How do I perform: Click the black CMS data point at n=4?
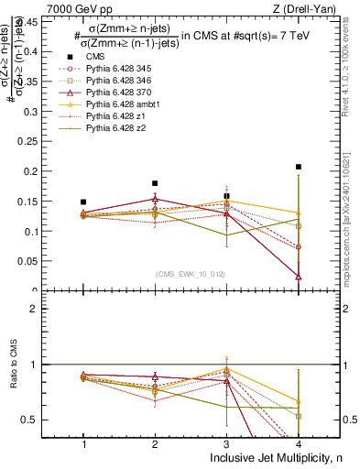click(x=299, y=167)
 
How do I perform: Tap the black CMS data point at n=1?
click(x=83, y=202)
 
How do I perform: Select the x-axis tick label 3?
click(x=226, y=444)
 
